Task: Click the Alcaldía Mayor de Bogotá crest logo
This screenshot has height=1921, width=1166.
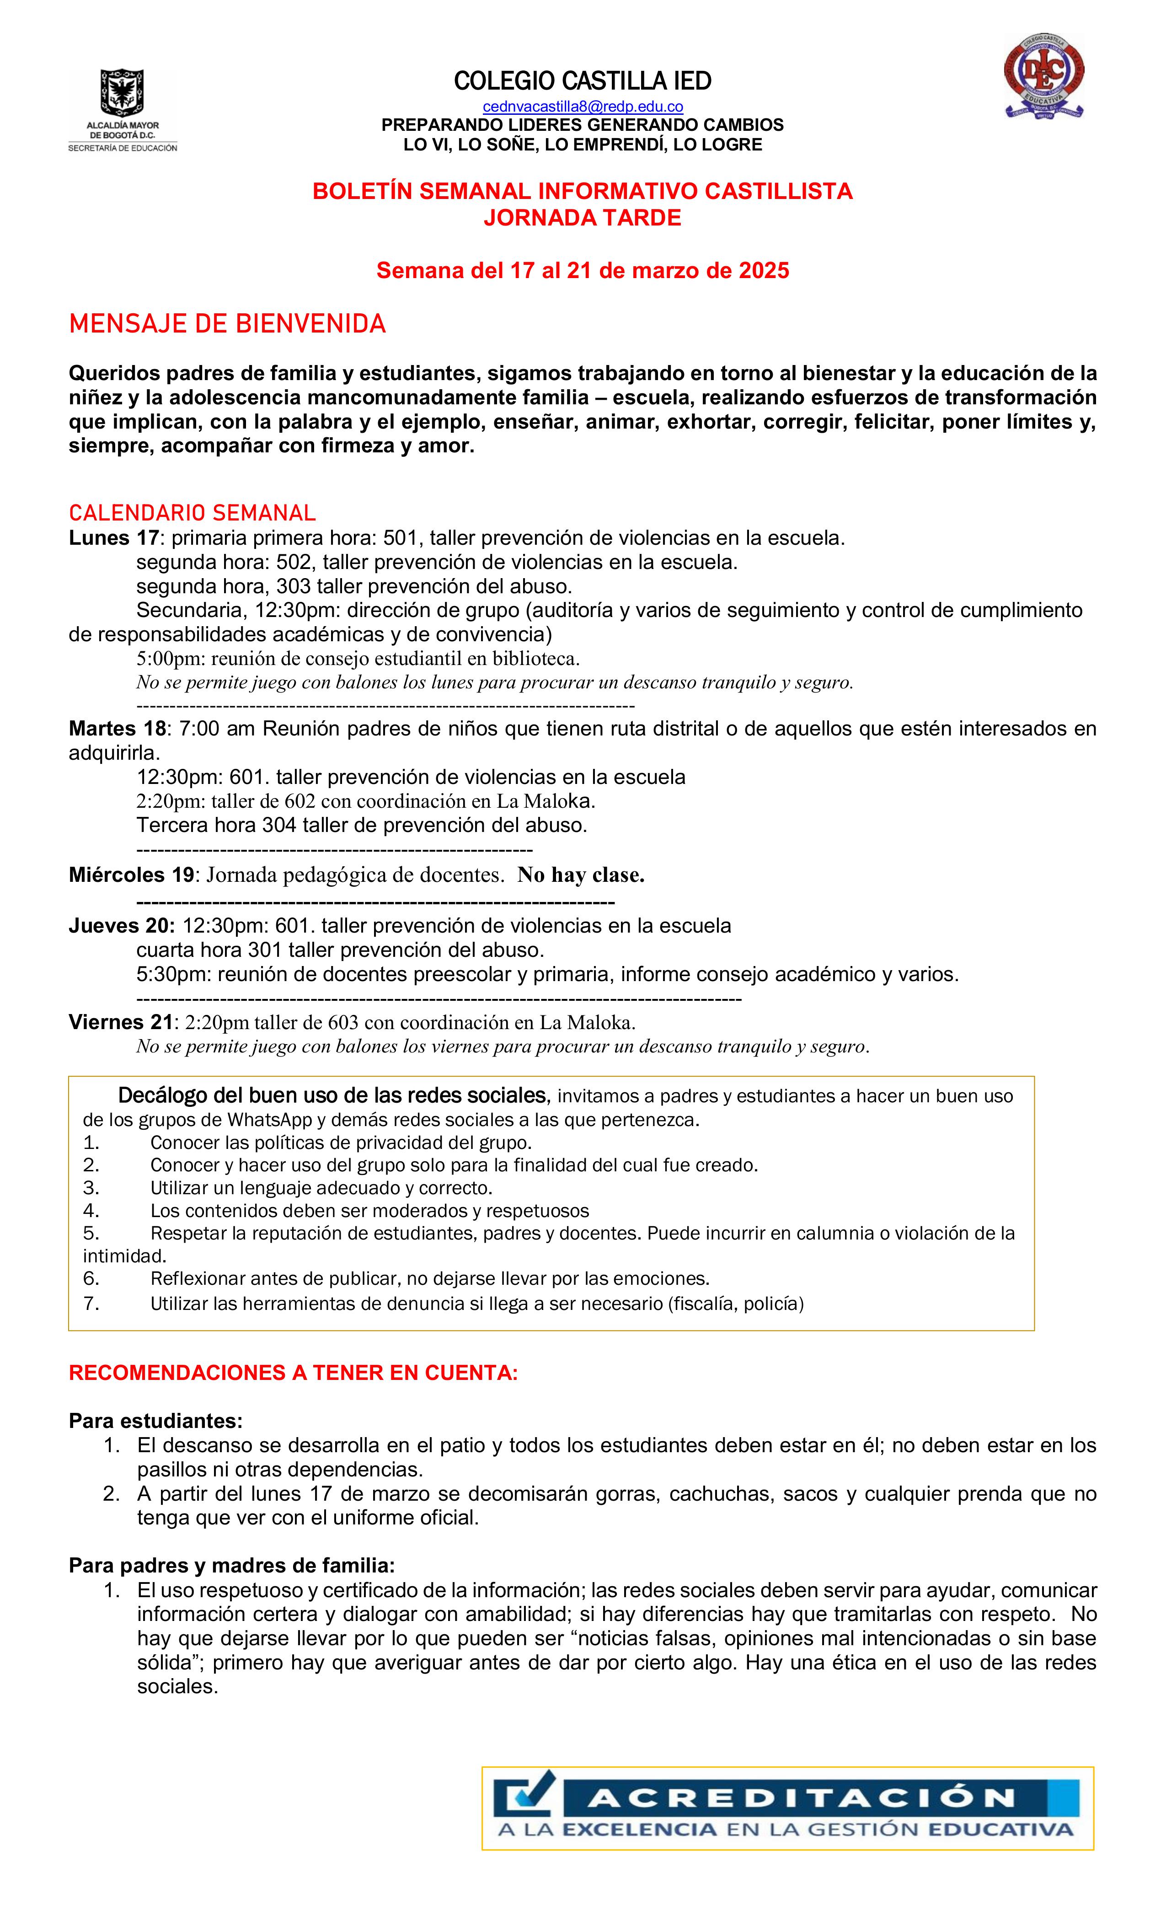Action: [122, 92]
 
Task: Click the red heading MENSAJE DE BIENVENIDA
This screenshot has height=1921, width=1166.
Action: [228, 323]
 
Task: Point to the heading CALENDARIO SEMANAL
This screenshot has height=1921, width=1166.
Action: [193, 513]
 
